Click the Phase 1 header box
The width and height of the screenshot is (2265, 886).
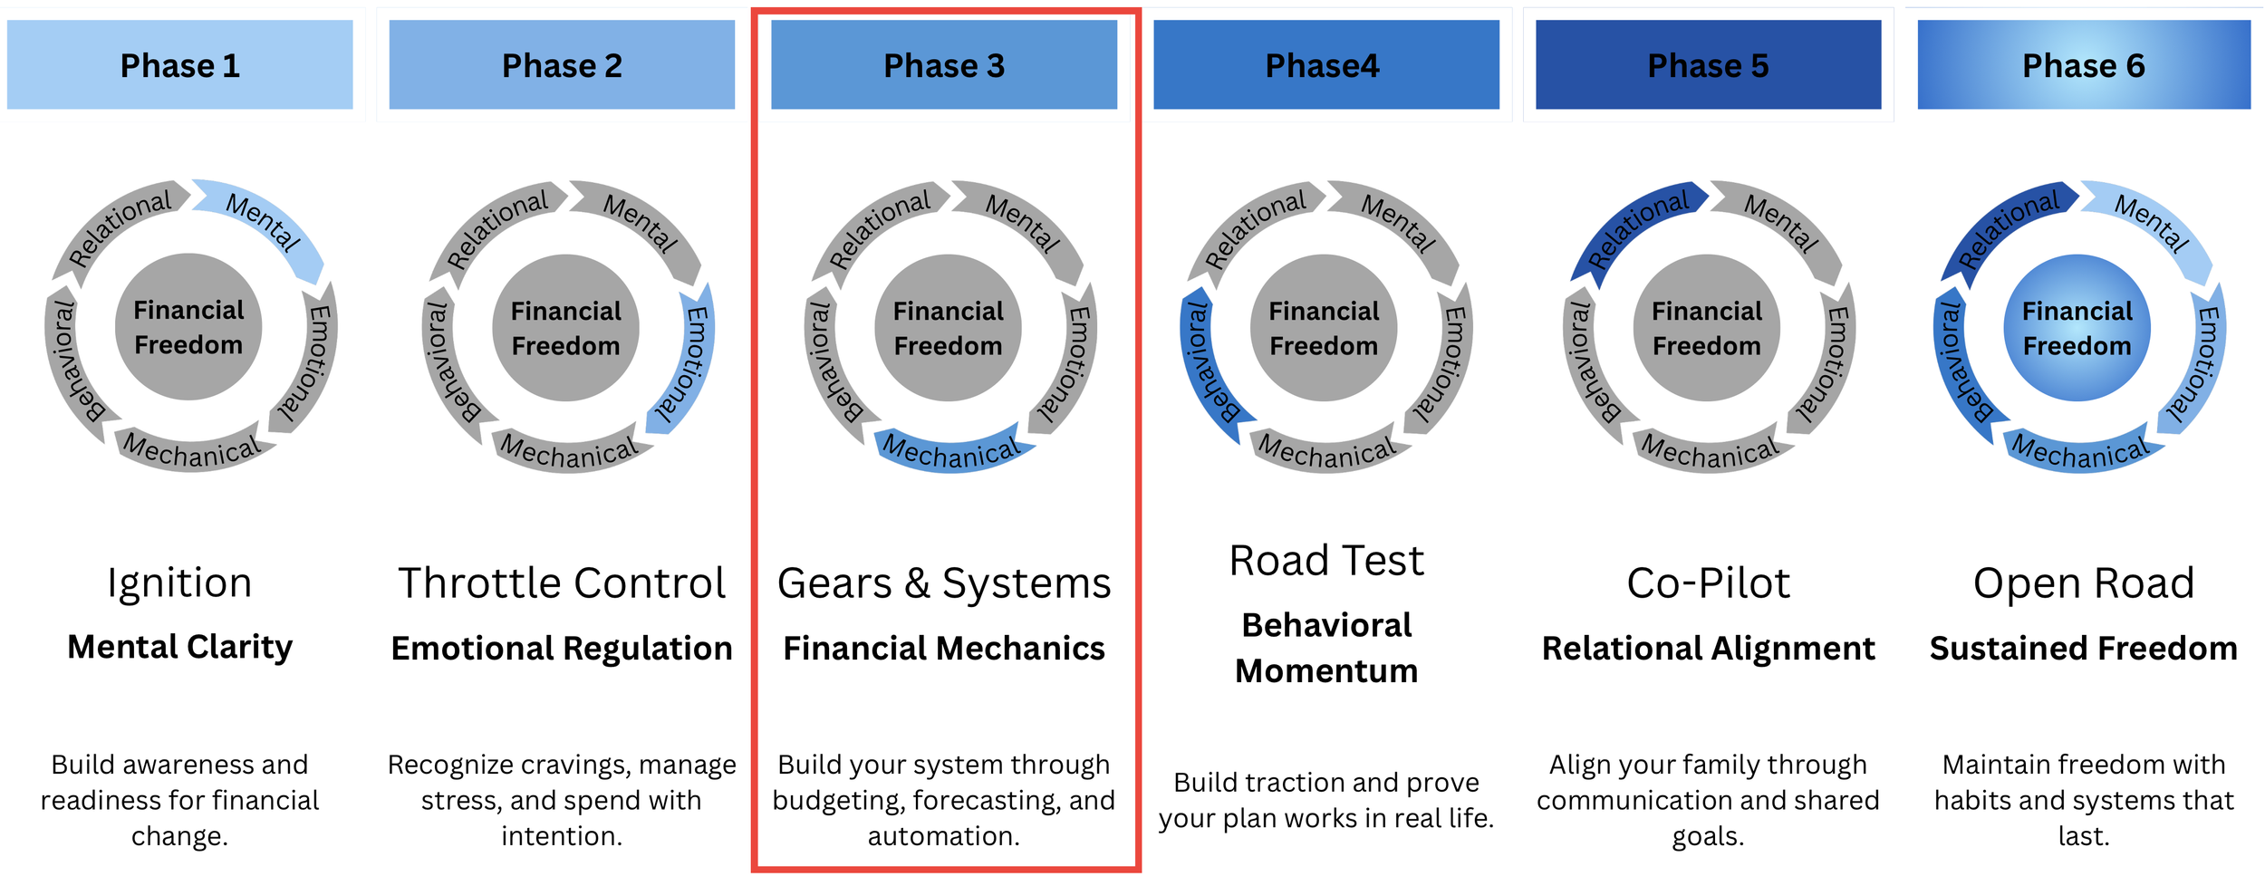click(179, 65)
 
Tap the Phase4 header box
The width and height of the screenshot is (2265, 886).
click(1325, 65)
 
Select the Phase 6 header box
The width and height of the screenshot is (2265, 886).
click(2083, 65)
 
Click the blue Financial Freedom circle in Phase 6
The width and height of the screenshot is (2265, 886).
click(2077, 328)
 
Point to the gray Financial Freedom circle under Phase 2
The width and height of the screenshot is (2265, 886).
click(565, 328)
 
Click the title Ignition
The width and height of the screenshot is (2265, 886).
click(179, 583)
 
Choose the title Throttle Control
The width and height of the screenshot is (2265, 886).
click(562, 583)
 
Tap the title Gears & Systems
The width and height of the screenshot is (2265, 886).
click(944, 583)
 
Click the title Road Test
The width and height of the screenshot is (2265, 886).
click(1326, 561)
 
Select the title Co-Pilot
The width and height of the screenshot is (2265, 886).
click(1708, 583)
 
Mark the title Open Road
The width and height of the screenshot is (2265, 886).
click(2083, 583)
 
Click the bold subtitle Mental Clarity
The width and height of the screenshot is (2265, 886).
click(179, 647)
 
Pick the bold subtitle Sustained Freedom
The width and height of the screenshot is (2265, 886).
click(2083, 649)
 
